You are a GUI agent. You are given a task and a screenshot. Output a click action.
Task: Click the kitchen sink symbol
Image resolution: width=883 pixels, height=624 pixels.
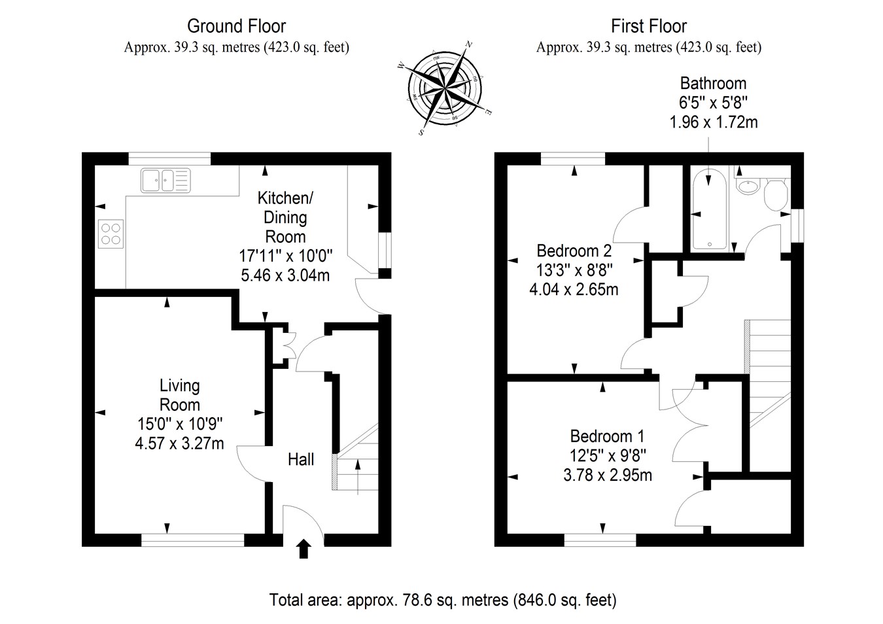click(x=165, y=181)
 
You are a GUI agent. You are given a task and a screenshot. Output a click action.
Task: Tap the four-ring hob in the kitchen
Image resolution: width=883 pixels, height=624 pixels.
click(x=111, y=234)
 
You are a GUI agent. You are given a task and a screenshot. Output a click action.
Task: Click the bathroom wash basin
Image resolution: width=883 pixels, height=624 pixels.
click(x=748, y=187)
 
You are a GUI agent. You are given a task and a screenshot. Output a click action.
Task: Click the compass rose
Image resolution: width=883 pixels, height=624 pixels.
click(x=445, y=88)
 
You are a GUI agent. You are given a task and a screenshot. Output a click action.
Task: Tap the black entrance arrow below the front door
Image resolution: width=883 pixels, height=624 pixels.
click(x=303, y=549)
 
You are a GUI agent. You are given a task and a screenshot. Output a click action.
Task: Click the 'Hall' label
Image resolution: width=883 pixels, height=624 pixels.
click(x=301, y=460)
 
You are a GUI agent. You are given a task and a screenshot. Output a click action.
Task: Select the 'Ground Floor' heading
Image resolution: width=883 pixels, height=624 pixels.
click(x=237, y=26)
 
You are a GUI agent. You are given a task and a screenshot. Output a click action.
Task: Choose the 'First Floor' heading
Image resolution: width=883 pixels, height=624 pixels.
click(x=649, y=26)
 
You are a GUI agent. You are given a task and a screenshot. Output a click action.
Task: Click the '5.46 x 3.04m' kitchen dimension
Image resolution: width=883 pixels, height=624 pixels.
click(x=285, y=275)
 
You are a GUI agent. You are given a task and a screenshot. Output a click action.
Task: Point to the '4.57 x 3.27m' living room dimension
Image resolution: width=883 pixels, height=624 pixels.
click(x=179, y=443)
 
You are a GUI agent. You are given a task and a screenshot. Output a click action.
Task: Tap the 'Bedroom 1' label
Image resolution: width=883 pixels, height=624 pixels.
click(x=607, y=436)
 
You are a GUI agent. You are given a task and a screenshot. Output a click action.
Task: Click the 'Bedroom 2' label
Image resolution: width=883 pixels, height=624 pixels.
click(x=574, y=251)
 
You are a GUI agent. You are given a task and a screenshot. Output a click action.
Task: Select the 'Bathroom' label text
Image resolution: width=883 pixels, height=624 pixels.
click(x=714, y=84)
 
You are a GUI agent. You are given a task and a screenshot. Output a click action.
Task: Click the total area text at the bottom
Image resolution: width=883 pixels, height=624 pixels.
click(x=443, y=600)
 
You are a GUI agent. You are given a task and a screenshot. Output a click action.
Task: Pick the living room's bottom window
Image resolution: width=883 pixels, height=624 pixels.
click(x=193, y=540)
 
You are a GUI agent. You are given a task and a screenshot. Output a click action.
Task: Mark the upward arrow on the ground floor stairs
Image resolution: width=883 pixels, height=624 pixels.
click(x=358, y=477)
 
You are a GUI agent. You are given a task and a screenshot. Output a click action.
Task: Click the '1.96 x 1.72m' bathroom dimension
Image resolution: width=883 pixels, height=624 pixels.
click(x=714, y=122)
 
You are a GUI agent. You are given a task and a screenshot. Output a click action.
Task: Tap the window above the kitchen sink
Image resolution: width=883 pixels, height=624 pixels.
click(x=169, y=158)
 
